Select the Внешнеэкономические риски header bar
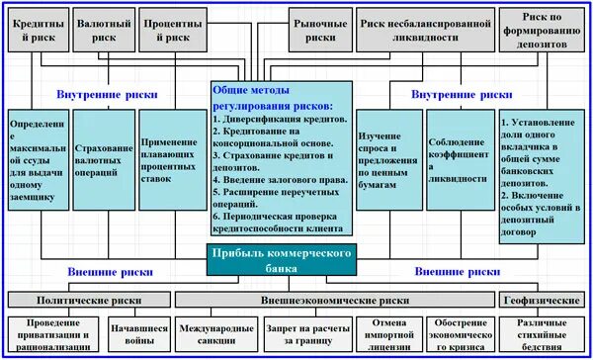pos(335,300)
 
